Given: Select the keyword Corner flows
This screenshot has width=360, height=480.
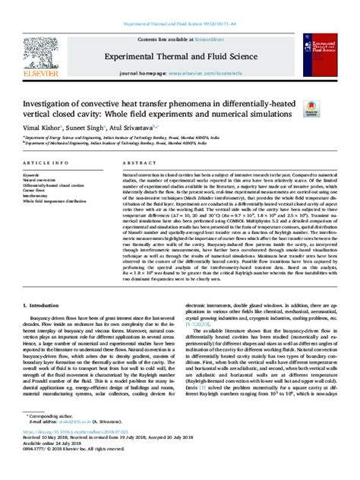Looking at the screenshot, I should (37, 188).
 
